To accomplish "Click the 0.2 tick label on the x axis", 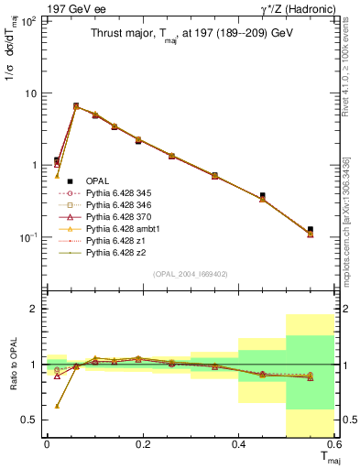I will tap(142, 445).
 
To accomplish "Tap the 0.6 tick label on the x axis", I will tap(333, 445).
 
